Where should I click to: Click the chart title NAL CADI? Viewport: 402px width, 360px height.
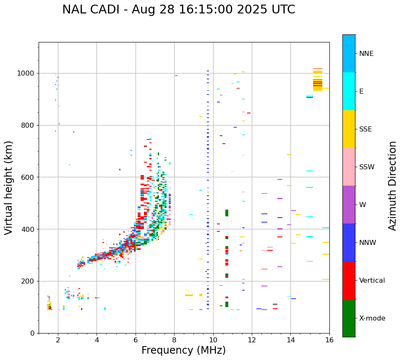pos(178,10)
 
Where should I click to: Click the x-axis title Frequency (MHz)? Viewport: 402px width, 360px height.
pos(183,350)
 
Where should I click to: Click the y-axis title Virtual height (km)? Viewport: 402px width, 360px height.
pos(9,188)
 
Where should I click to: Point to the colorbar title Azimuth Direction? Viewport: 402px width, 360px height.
pos(392,186)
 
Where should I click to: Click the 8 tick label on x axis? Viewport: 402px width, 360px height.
pos(174,340)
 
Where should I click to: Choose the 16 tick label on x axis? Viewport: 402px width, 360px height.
pos(329,340)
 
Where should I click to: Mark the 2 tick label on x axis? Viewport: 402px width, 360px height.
pos(58,340)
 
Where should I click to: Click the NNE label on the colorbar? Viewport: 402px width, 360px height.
pos(366,54)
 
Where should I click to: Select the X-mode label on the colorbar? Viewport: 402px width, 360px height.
pos(372,318)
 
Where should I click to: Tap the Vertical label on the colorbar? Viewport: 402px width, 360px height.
pos(372,281)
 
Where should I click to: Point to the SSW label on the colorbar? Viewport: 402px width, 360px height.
pos(366,167)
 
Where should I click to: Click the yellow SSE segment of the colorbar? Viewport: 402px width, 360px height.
pos(349,129)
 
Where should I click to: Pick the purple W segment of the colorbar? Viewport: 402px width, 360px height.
pos(349,205)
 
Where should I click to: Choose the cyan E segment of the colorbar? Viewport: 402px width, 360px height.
pos(349,91)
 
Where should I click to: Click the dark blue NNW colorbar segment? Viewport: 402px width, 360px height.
pos(349,242)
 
